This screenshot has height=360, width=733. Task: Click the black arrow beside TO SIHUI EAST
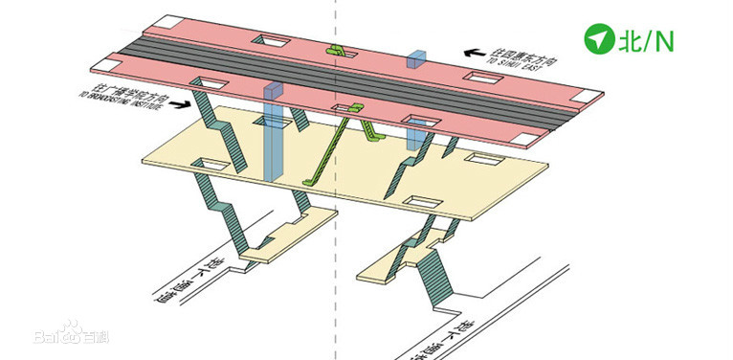[x=474, y=52]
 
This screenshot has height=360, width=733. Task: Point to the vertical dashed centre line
[x=335, y=239]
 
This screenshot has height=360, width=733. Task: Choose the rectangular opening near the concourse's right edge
[x=419, y=203]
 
